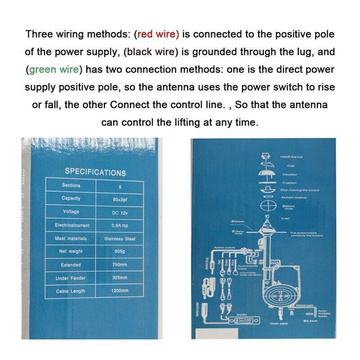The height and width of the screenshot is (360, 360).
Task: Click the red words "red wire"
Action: click(158, 34)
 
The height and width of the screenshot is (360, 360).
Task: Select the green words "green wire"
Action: click(54, 70)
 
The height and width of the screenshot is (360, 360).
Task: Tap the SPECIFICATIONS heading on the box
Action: click(95, 172)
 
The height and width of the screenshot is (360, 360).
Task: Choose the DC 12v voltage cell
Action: click(120, 212)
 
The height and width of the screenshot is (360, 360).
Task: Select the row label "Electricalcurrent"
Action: click(72, 225)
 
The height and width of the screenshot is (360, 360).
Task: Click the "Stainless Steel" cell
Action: click(120, 238)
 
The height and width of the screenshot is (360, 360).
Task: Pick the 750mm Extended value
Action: click(120, 265)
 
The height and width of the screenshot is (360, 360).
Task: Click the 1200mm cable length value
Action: click(120, 291)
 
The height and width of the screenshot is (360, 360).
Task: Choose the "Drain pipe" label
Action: click(279, 324)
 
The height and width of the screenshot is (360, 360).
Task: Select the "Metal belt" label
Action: click(304, 305)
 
